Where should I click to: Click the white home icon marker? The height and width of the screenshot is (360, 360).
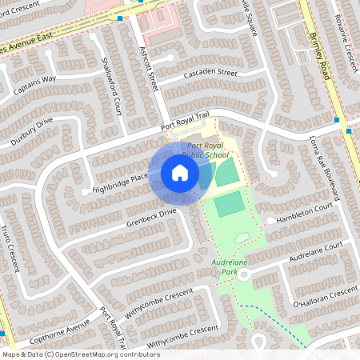pos(180,173)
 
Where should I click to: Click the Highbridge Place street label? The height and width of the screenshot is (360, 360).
pos(120,182)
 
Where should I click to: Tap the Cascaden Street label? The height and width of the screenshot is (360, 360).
pos(210,73)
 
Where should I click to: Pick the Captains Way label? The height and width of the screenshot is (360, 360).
pos(38,80)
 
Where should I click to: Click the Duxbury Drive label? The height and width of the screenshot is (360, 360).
pos(33,127)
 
